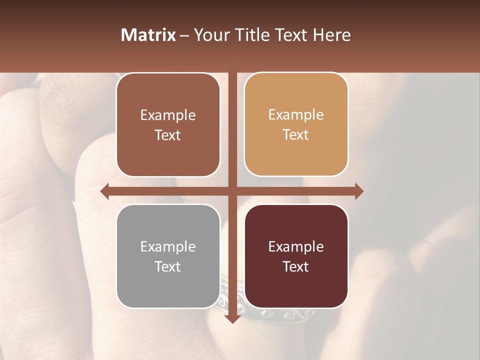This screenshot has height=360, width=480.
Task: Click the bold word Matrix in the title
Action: tap(148, 35)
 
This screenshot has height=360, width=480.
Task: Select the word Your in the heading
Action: tap(211, 35)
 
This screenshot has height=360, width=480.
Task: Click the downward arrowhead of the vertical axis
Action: tap(232, 318)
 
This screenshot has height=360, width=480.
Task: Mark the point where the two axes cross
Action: tap(232, 191)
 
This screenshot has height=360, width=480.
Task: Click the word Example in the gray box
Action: tap(168, 246)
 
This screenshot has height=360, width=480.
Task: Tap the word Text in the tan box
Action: tap(296, 135)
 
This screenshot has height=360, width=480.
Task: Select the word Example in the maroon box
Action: tap(296, 246)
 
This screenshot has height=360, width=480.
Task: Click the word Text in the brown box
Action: tap(168, 135)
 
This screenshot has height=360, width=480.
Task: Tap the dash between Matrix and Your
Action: tap(184, 35)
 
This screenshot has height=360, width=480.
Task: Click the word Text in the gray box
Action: tap(168, 266)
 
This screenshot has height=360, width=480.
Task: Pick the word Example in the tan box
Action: tap(296, 115)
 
